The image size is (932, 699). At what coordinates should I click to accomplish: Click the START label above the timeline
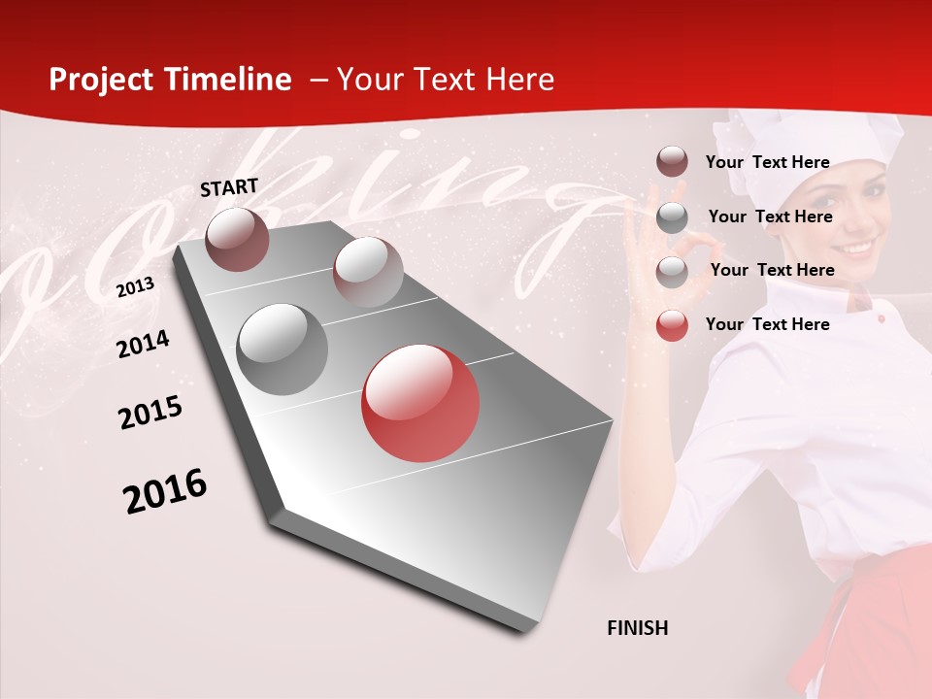tap(229, 186)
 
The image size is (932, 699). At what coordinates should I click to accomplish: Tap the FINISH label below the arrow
tap(637, 628)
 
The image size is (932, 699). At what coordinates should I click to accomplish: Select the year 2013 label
tap(135, 286)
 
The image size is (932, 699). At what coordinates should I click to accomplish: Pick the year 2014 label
tap(143, 344)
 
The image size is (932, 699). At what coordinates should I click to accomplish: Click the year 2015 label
tap(150, 413)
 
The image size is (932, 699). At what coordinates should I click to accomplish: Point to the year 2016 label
tap(165, 490)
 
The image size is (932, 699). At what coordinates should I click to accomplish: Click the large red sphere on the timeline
tap(420, 403)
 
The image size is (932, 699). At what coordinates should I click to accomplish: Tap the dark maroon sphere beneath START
tap(238, 239)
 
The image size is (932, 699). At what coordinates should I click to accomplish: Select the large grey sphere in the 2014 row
tap(283, 349)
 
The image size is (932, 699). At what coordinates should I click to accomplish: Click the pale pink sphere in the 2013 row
tap(367, 272)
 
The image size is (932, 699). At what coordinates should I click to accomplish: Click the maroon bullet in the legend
tap(672, 162)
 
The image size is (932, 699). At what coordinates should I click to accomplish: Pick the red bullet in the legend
tap(672, 324)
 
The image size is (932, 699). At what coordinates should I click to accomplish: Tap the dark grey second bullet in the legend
tap(672, 216)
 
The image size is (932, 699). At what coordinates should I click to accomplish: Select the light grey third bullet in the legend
tap(672, 271)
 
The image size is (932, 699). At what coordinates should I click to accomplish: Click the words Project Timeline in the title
tap(170, 80)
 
